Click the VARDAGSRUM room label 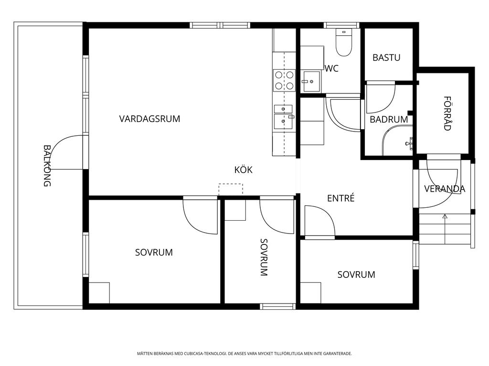tap(149, 119)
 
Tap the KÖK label tap(243, 170)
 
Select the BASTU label tap(386, 58)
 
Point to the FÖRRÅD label tap(447, 113)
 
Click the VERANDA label tap(445, 189)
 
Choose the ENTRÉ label tap(341, 198)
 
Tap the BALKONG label tap(47, 165)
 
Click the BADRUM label tap(389, 119)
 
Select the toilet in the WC tap(344, 42)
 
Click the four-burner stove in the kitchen tap(284, 80)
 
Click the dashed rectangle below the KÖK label tap(231, 189)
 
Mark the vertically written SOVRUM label tap(264, 257)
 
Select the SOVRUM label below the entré tap(356, 274)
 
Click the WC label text tap(331, 69)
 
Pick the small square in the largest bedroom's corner tap(99, 293)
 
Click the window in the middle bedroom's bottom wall tap(277, 306)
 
